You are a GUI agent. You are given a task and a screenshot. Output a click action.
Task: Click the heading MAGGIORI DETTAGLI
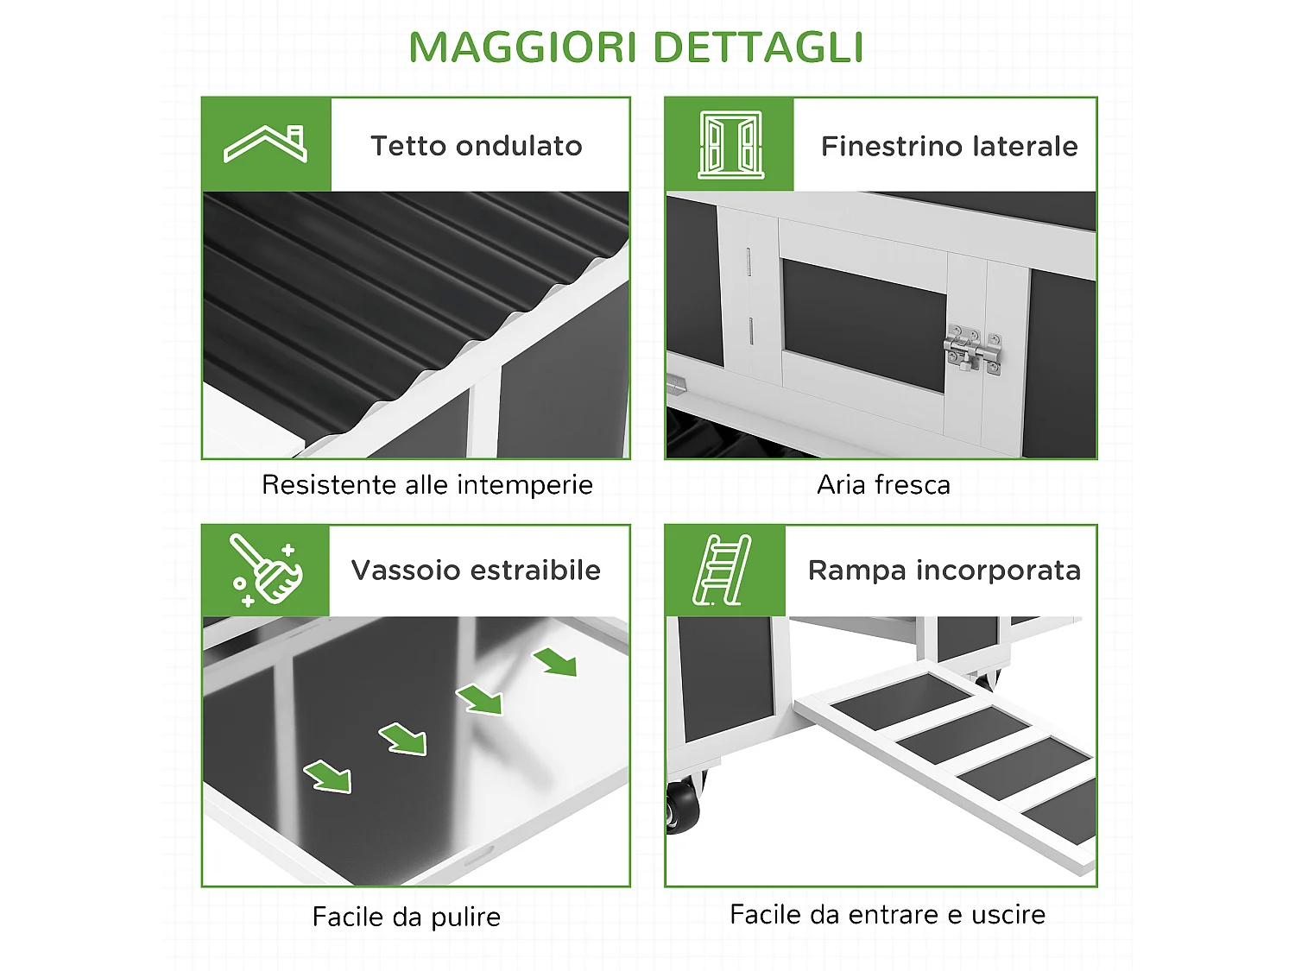click(636, 47)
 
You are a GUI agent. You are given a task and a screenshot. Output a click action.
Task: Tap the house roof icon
click(266, 144)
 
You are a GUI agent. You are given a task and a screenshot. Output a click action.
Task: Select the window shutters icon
click(730, 144)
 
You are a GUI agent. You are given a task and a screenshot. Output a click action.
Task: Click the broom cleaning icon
click(266, 570)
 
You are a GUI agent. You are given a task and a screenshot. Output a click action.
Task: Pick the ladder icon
click(723, 570)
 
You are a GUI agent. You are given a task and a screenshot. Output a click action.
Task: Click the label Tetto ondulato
click(477, 146)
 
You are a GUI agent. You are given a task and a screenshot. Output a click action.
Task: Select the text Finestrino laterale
click(949, 146)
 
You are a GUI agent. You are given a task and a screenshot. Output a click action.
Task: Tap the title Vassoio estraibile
click(476, 571)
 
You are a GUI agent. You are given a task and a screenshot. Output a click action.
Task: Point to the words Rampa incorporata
click(944, 571)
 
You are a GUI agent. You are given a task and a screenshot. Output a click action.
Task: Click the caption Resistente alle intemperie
click(427, 485)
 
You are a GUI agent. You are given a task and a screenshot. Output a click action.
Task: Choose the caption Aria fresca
click(883, 485)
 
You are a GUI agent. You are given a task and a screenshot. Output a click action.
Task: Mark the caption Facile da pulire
click(407, 917)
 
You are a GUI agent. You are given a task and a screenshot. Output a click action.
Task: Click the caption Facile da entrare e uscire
click(888, 914)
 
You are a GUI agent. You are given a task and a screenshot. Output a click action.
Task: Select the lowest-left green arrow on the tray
click(329, 776)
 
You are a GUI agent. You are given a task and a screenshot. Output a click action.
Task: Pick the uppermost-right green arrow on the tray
click(556, 662)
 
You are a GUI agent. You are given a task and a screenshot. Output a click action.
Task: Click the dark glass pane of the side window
click(863, 324)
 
